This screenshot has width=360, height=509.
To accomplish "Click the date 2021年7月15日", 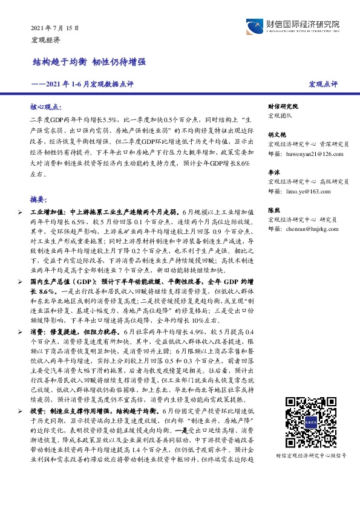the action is click(55, 28).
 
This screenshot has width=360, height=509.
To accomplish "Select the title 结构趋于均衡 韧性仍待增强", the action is click(88, 62).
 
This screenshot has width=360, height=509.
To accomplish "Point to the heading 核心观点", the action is click(46, 105).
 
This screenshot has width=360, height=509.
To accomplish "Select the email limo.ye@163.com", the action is click(303, 191).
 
